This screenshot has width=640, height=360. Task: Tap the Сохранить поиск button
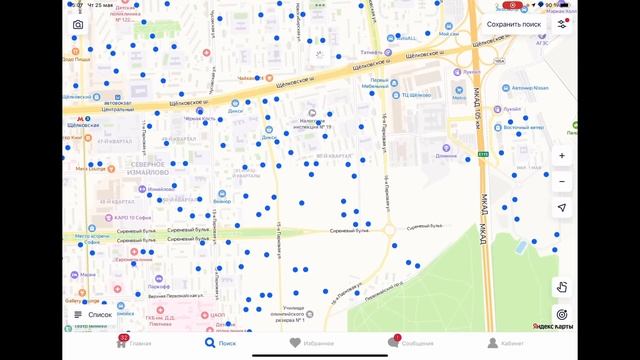[x=514, y=24]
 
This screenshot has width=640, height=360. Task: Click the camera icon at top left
[x=78, y=24]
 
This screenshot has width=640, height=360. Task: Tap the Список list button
[x=92, y=314]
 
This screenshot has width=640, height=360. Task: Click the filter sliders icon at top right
[x=562, y=24]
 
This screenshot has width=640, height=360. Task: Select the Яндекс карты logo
[x=551, y=326]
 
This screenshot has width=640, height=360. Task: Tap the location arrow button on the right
[x=562, y=207]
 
